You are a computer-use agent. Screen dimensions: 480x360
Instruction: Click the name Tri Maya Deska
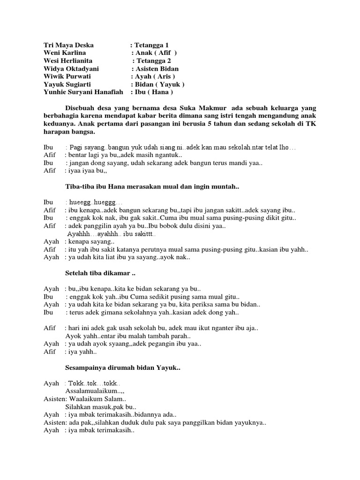coord(68,45)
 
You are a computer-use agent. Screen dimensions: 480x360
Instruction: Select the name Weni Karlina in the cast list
coord(65,53)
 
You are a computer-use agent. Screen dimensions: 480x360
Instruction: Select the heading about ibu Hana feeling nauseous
coord(152,187)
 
